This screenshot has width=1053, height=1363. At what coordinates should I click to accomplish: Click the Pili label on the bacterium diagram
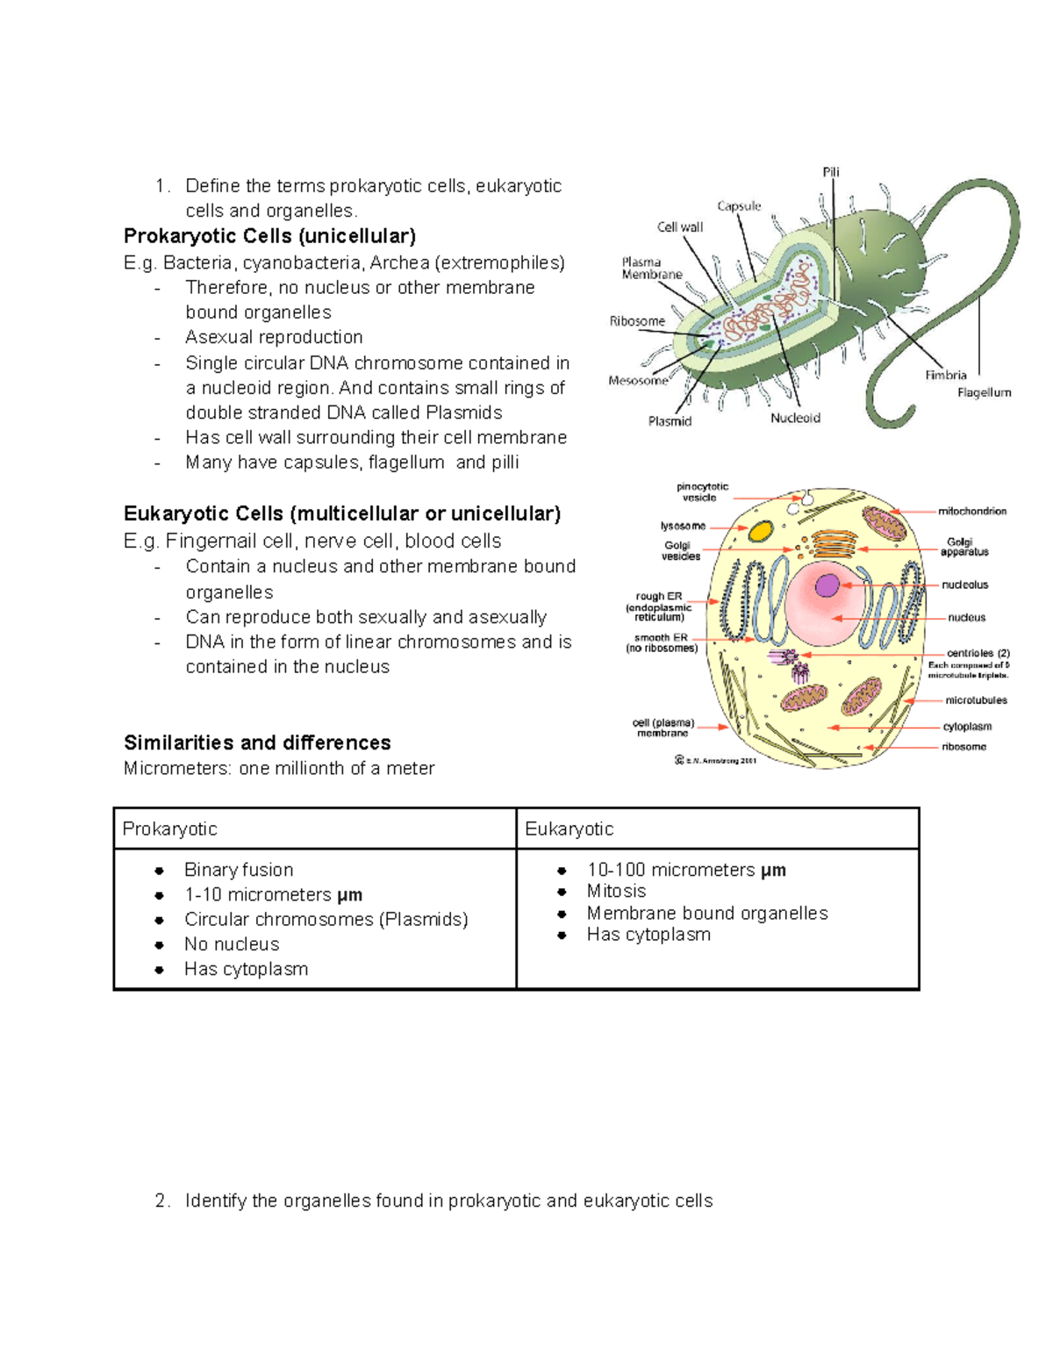(x=830, y=172)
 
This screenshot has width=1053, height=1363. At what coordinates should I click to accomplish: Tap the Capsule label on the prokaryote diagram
(x=739, y=206)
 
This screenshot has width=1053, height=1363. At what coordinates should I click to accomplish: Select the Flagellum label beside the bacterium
(x=984, y=393)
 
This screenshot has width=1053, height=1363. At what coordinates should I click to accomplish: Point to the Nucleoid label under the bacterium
(x=795, y=419)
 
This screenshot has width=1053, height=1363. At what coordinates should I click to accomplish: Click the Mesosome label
(x=638, y=381)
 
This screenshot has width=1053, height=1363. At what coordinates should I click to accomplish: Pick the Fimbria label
(x=945, y=375)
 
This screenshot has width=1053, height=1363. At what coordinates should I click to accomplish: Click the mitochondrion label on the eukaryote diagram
(x=972, y=511)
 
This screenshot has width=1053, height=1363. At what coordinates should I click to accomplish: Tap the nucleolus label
(x=965, y=585)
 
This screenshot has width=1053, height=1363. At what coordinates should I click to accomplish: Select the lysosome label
(x=683, y=527)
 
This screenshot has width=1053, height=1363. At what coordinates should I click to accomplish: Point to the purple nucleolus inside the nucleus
(x=827, y=585)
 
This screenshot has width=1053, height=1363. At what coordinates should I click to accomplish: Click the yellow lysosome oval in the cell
(x=760, y=531)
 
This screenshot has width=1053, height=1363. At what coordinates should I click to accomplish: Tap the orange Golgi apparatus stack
(x=834, y=544)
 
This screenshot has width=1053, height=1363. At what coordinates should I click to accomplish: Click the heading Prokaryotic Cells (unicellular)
(x=269, y=236)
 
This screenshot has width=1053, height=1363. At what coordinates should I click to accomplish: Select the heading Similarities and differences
(x=257, y=742)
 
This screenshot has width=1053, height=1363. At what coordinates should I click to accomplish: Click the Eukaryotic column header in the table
(x=569, y=829)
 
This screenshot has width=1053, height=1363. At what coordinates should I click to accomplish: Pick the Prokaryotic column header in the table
(x=169, y=829)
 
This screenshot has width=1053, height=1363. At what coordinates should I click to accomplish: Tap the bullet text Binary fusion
(x=239, y=870)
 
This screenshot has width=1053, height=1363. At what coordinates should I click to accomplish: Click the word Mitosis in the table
(x=616, y=891)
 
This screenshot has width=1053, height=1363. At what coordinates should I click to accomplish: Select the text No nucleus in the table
(x=232, y=944)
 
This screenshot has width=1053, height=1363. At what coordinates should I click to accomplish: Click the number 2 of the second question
(x=161, y=1201)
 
